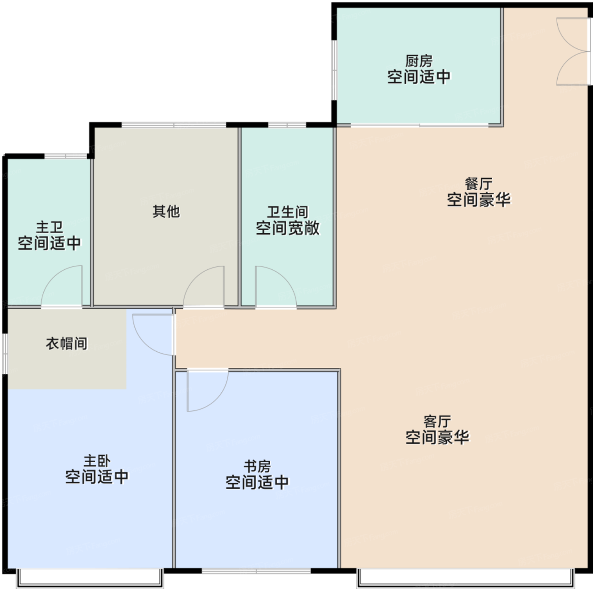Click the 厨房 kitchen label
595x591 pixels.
tap(419, 61)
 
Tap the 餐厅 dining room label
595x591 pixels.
tap(479, 184)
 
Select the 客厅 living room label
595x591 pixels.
tap(437, 421)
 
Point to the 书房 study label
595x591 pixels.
tap(257, 467)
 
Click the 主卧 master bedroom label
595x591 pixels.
tap(97, 461)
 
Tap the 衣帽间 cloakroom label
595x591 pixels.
tap(67, 343)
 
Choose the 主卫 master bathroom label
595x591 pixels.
tap(49, 228)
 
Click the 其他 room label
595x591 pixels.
tap(166, 212)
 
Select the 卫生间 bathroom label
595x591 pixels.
tap(288, 212)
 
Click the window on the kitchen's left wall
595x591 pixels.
tap(334, 70)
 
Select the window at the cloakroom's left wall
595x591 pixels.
tap(5, 354)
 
